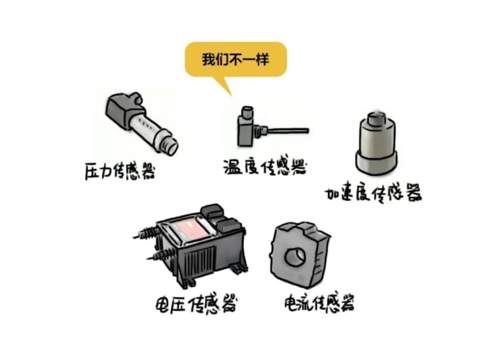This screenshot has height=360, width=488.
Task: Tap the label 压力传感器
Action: [120, 170]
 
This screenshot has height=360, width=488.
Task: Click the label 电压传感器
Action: [196, 303]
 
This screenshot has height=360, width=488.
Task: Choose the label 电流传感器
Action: [319, 303]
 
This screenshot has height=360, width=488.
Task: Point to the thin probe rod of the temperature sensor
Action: [288, 131]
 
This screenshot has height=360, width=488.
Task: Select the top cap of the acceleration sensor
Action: [376, 119]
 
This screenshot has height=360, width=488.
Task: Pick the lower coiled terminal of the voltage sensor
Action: [160, 255]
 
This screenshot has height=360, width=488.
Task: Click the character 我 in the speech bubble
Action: [208, 59]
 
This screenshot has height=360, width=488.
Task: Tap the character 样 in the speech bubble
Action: [263, 59]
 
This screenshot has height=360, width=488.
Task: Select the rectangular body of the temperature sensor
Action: [245, 131]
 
